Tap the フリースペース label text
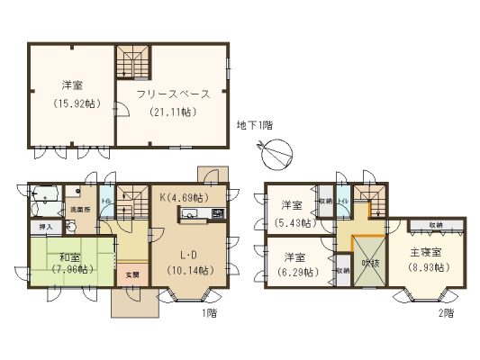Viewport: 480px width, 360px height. [x=174, y=94]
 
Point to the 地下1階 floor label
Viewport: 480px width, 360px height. [x=255, y=124]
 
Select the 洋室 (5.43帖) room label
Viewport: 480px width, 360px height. [x=290, y=213]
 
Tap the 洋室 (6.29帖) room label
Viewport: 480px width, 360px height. [x=290, y=264]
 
